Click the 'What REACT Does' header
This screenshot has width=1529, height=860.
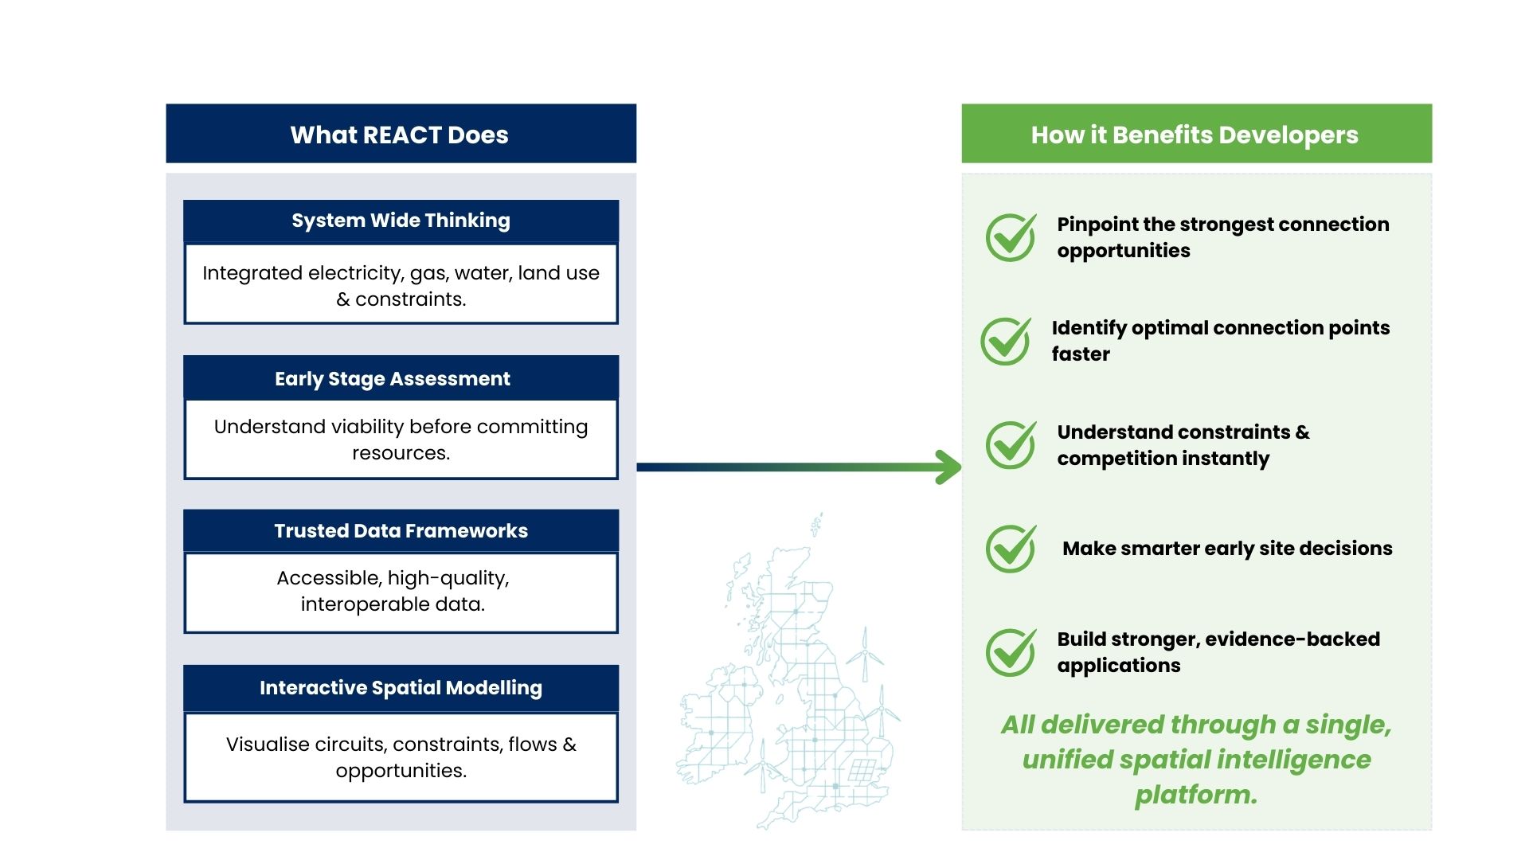[x=400, y=135]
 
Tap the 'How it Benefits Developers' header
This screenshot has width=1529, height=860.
[x=1195, y=135]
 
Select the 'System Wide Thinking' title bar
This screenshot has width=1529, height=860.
[x=401, y=221]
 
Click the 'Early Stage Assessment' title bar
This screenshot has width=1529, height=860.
[x=393, y=379]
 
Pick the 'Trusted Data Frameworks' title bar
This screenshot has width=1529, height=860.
[x=401, y=531]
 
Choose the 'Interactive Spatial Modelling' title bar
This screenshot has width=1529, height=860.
[x=401, y=688]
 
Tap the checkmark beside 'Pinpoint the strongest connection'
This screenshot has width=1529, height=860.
[x=1011, y=237]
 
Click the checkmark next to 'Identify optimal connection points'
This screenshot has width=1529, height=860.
[x=1005, y=341]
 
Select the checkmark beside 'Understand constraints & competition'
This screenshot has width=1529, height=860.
[x=1011, y=444]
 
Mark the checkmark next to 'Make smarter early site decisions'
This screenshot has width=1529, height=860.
[x=1011, y=549]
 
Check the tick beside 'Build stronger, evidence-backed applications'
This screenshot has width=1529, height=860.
[x=1011, y=652]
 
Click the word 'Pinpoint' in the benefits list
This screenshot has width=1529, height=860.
[x=1091, y=225]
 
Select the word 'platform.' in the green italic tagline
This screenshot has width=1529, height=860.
[x=1196, y=795]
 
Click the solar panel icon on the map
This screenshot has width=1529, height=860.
[x=862, y=771]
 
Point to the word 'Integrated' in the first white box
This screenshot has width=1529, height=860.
[x=252, y=273]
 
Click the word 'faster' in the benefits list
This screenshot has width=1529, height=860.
[x=1080, y=354]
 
